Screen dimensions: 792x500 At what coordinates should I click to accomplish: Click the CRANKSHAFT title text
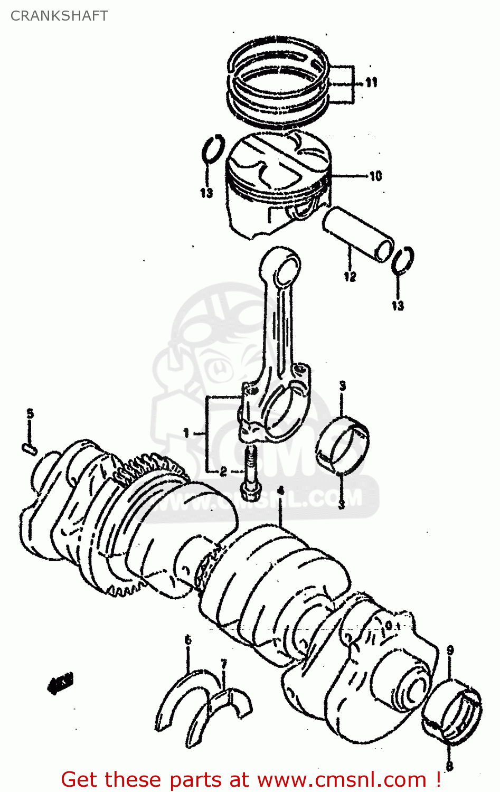[x=59, y=16]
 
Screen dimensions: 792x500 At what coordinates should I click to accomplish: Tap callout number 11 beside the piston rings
[x=371, y=82]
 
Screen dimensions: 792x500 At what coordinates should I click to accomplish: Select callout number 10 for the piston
[x=375, y=176]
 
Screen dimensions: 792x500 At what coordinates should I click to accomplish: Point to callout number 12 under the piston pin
[x=350, y=276]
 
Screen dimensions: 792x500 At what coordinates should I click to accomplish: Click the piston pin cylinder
[x=359, y=234]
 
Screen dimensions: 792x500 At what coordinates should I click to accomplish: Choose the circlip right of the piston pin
[x=403, y=260]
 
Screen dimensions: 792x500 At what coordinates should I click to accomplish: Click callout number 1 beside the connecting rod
[x=186, y=433]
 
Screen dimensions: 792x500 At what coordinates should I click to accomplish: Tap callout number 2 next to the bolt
[x=223, y=471]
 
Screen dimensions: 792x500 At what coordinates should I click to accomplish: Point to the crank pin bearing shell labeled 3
[x=343, y=442]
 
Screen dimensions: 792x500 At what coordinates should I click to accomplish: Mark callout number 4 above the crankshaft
[x=281, y=491]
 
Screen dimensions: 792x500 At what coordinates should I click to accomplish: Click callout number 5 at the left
[x=30, y=414]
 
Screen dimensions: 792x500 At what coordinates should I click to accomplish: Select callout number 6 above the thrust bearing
[x=188, y=640]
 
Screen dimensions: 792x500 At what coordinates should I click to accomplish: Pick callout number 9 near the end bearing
[x=450, y=651]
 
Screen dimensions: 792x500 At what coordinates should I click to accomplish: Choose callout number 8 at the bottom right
[x=450, y=765]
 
